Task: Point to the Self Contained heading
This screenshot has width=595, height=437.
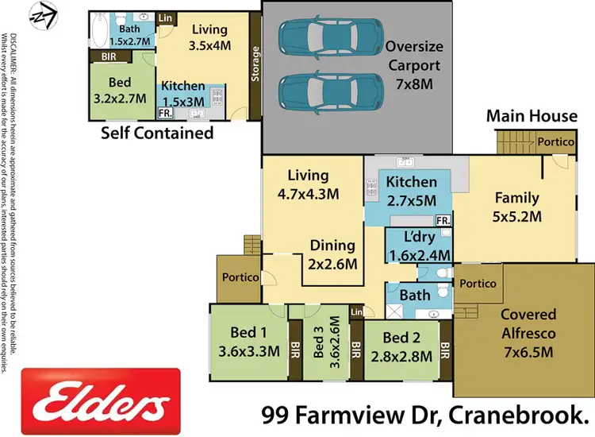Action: coord(157,133)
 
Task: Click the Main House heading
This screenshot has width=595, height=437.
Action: coord(532,116)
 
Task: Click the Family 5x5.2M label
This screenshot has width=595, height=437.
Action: coord(516,207)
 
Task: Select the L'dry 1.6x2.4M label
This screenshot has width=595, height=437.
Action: coord(418,246)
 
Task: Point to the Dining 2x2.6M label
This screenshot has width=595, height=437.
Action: coord(332,254)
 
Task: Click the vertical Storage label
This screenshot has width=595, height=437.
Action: coord(255,64)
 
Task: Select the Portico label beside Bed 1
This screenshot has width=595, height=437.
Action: coord(240,277)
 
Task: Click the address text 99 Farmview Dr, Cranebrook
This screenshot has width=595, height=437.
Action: coord(428,414)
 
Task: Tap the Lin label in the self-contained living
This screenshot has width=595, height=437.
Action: coord(167,17)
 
